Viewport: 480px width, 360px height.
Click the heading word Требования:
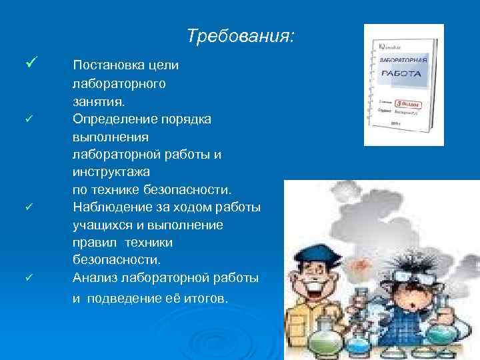coord(239,35)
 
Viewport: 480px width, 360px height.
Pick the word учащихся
coord(101,225)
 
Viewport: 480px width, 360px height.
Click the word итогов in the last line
coord(206,298)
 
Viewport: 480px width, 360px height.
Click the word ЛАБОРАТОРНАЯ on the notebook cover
coord(402,60)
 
